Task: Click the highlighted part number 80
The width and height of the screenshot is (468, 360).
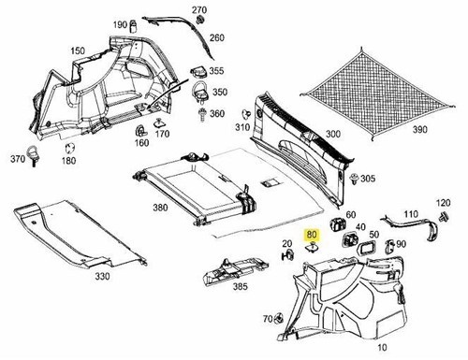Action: (x=313, y=237)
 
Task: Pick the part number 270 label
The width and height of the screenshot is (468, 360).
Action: (x=199, y=9)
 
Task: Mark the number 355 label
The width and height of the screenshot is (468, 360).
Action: (x=216, y=71)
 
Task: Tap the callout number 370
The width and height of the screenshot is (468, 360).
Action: (x=18, y=160)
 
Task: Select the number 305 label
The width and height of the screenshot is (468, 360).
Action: (x=368, y=179)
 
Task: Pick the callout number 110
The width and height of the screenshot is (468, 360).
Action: (x=409, y=216)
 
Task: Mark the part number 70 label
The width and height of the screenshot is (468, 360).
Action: (x=267, y=319)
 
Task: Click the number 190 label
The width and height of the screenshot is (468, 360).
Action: (x=120, y=24)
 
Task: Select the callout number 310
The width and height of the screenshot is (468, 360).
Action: (x=242, y=127)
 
